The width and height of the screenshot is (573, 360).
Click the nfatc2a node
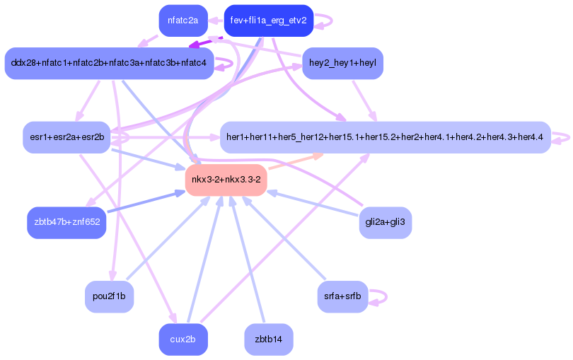pos(183,21)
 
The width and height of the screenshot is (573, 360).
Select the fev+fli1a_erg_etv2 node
pos(269,21)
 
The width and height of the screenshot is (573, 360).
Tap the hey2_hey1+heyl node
pos(342,63)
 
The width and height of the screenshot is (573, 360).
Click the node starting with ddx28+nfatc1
pos(109,63)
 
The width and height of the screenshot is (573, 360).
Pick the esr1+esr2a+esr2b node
pos(66,137)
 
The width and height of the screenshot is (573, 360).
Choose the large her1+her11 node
pos(385,137)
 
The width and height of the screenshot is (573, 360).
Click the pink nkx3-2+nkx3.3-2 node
pos(226,180)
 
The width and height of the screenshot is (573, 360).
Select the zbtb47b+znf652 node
pos(66,222)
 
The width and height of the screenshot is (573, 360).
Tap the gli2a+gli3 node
pos(385,222)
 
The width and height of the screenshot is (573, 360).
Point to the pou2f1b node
pos(109,296)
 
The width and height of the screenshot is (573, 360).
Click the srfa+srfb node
pos(342,296)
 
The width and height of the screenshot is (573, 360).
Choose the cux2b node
pos(183,339)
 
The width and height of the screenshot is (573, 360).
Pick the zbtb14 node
pos(269,339)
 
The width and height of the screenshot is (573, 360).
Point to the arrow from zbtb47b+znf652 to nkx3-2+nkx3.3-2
pos(146,201)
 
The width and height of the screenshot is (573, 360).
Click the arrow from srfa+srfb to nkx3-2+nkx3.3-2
pos(284,238)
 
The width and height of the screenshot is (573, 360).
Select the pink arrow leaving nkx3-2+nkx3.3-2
pos(296,161)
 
